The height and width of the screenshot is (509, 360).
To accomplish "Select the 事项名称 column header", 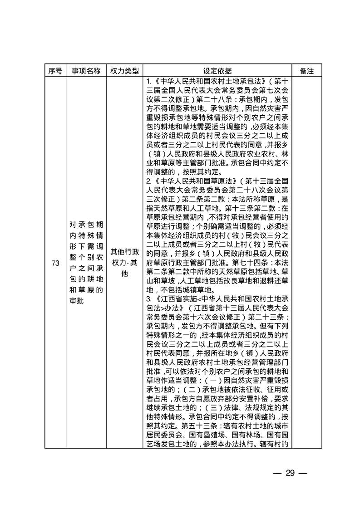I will click(86, 71).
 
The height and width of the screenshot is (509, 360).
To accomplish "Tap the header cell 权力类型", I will click(124, 71).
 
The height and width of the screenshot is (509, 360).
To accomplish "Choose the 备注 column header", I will click(307, 71).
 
